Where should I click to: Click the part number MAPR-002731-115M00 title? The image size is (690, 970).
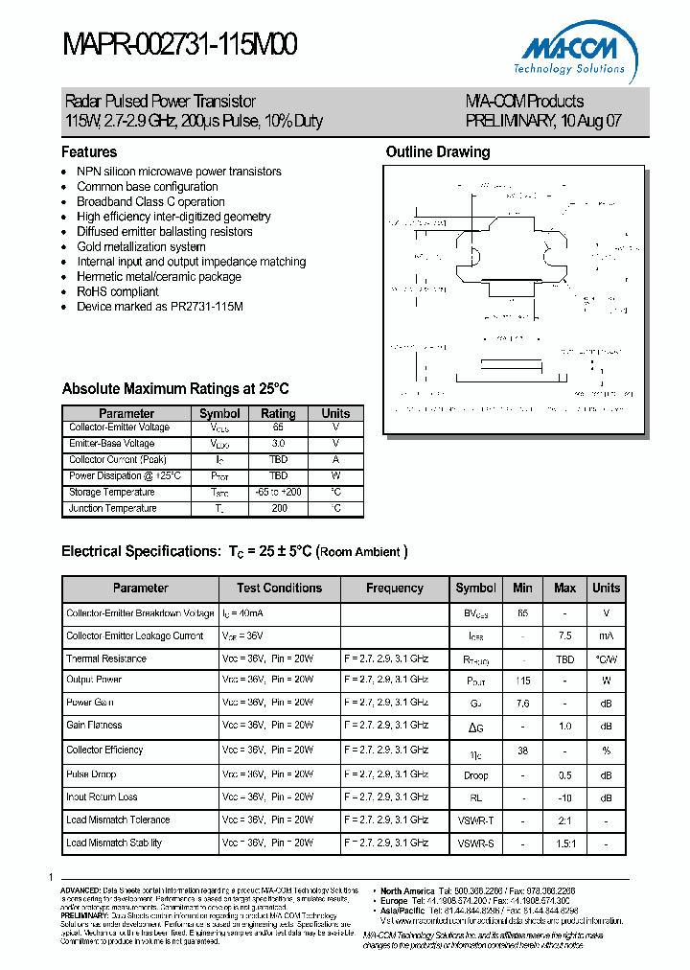[x=180, y=45]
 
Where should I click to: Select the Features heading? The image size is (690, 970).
[x=89, y=151]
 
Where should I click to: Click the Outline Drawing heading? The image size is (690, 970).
[x=437, y=151]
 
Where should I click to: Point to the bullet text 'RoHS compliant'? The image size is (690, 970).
[x=117, y=291]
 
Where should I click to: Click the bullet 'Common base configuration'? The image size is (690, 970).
[x=147, y=187]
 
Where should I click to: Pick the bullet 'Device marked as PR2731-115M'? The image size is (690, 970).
[x=159, y=307]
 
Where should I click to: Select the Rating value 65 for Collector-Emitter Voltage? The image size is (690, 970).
[x=278, y=427]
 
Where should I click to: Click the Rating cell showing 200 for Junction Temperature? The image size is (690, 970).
[x=278, y=508]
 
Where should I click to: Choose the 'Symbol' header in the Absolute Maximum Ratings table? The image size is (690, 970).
[x=219, y=413]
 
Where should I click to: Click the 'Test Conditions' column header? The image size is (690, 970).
[x=279, y=588]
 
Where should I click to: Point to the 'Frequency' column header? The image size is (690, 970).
[x=394, y=588]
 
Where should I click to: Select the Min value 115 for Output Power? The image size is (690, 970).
[x=522, y=680]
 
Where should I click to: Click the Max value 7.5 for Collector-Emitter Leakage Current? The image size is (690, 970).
[x=564, y=635]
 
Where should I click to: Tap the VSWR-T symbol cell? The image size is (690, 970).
[x=475, y=820]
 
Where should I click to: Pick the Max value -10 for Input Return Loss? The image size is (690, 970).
[x=564, y=797]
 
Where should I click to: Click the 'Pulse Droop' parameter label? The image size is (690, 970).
[x=91, y=773]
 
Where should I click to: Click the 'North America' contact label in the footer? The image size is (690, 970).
[x=406, y=890]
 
